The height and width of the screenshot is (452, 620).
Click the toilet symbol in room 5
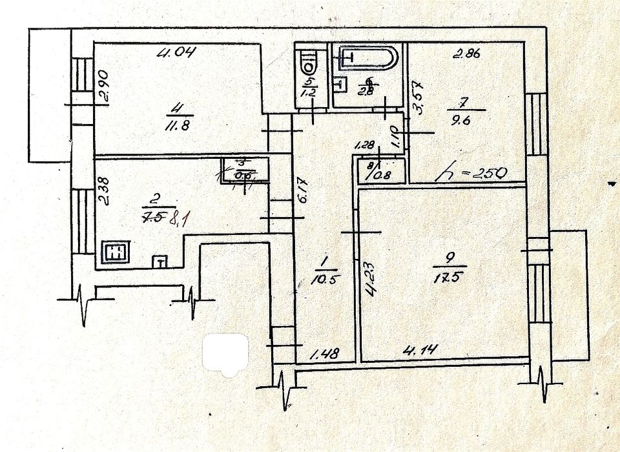point(309,63)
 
